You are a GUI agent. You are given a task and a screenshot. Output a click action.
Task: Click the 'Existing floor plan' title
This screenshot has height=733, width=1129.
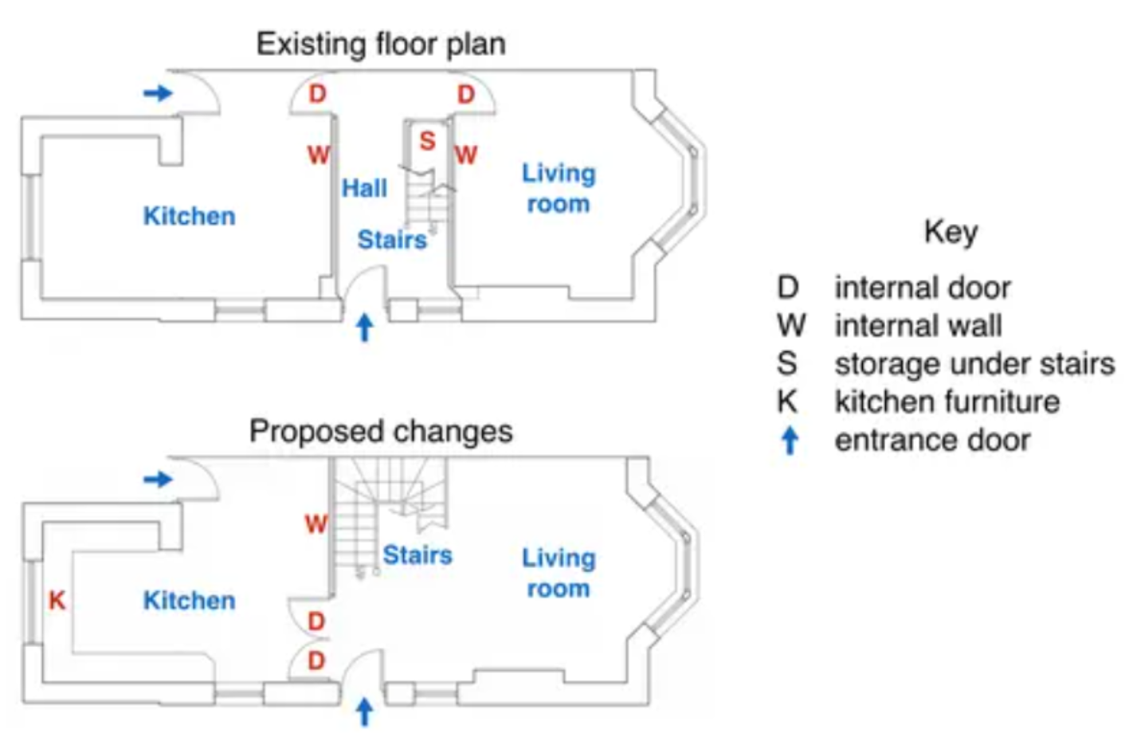point(381,45)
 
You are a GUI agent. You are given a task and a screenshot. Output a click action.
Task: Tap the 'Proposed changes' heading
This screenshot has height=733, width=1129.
point(381,432)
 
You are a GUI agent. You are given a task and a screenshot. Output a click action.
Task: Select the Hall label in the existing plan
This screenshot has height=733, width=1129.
point(364,188)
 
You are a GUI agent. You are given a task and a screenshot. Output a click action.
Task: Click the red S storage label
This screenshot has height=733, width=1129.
point(427,141)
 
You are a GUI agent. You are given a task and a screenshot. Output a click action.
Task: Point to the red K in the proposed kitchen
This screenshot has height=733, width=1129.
point(57,601)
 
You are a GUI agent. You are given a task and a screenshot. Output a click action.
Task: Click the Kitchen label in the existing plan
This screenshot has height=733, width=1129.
point(190,216)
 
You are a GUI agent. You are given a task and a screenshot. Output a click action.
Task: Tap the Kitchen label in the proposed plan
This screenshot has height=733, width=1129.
point(190,601)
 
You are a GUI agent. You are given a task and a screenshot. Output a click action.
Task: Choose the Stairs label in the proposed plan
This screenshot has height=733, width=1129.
point(417,555)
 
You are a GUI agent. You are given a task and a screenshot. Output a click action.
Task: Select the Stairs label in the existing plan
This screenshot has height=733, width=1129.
point(392,240)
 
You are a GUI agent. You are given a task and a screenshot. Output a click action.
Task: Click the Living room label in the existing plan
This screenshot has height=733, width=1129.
point(559,189)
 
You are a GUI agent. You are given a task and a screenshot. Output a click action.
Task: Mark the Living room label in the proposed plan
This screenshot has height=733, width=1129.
point(559,573)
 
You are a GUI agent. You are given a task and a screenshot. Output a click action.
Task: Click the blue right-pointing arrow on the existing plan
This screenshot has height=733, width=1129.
point(159,92)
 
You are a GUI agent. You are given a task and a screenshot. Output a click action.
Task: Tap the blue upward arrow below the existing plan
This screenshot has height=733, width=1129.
point(365,327)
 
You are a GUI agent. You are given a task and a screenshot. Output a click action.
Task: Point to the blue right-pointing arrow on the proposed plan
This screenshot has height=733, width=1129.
point(159,479)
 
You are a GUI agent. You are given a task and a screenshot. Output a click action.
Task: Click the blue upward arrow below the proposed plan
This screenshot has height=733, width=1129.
point(365,713)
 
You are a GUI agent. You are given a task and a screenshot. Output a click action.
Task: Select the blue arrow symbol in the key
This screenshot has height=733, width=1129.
point(790,441)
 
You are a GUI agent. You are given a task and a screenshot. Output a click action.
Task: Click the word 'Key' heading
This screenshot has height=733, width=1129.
point(951,233)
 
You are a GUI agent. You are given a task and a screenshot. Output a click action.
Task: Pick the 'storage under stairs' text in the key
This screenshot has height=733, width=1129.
point(974,364)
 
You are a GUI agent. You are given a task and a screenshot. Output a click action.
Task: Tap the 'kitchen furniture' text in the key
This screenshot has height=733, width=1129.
point(947,402)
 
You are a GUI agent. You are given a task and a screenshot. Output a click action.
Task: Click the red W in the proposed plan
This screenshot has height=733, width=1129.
point(316,524)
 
